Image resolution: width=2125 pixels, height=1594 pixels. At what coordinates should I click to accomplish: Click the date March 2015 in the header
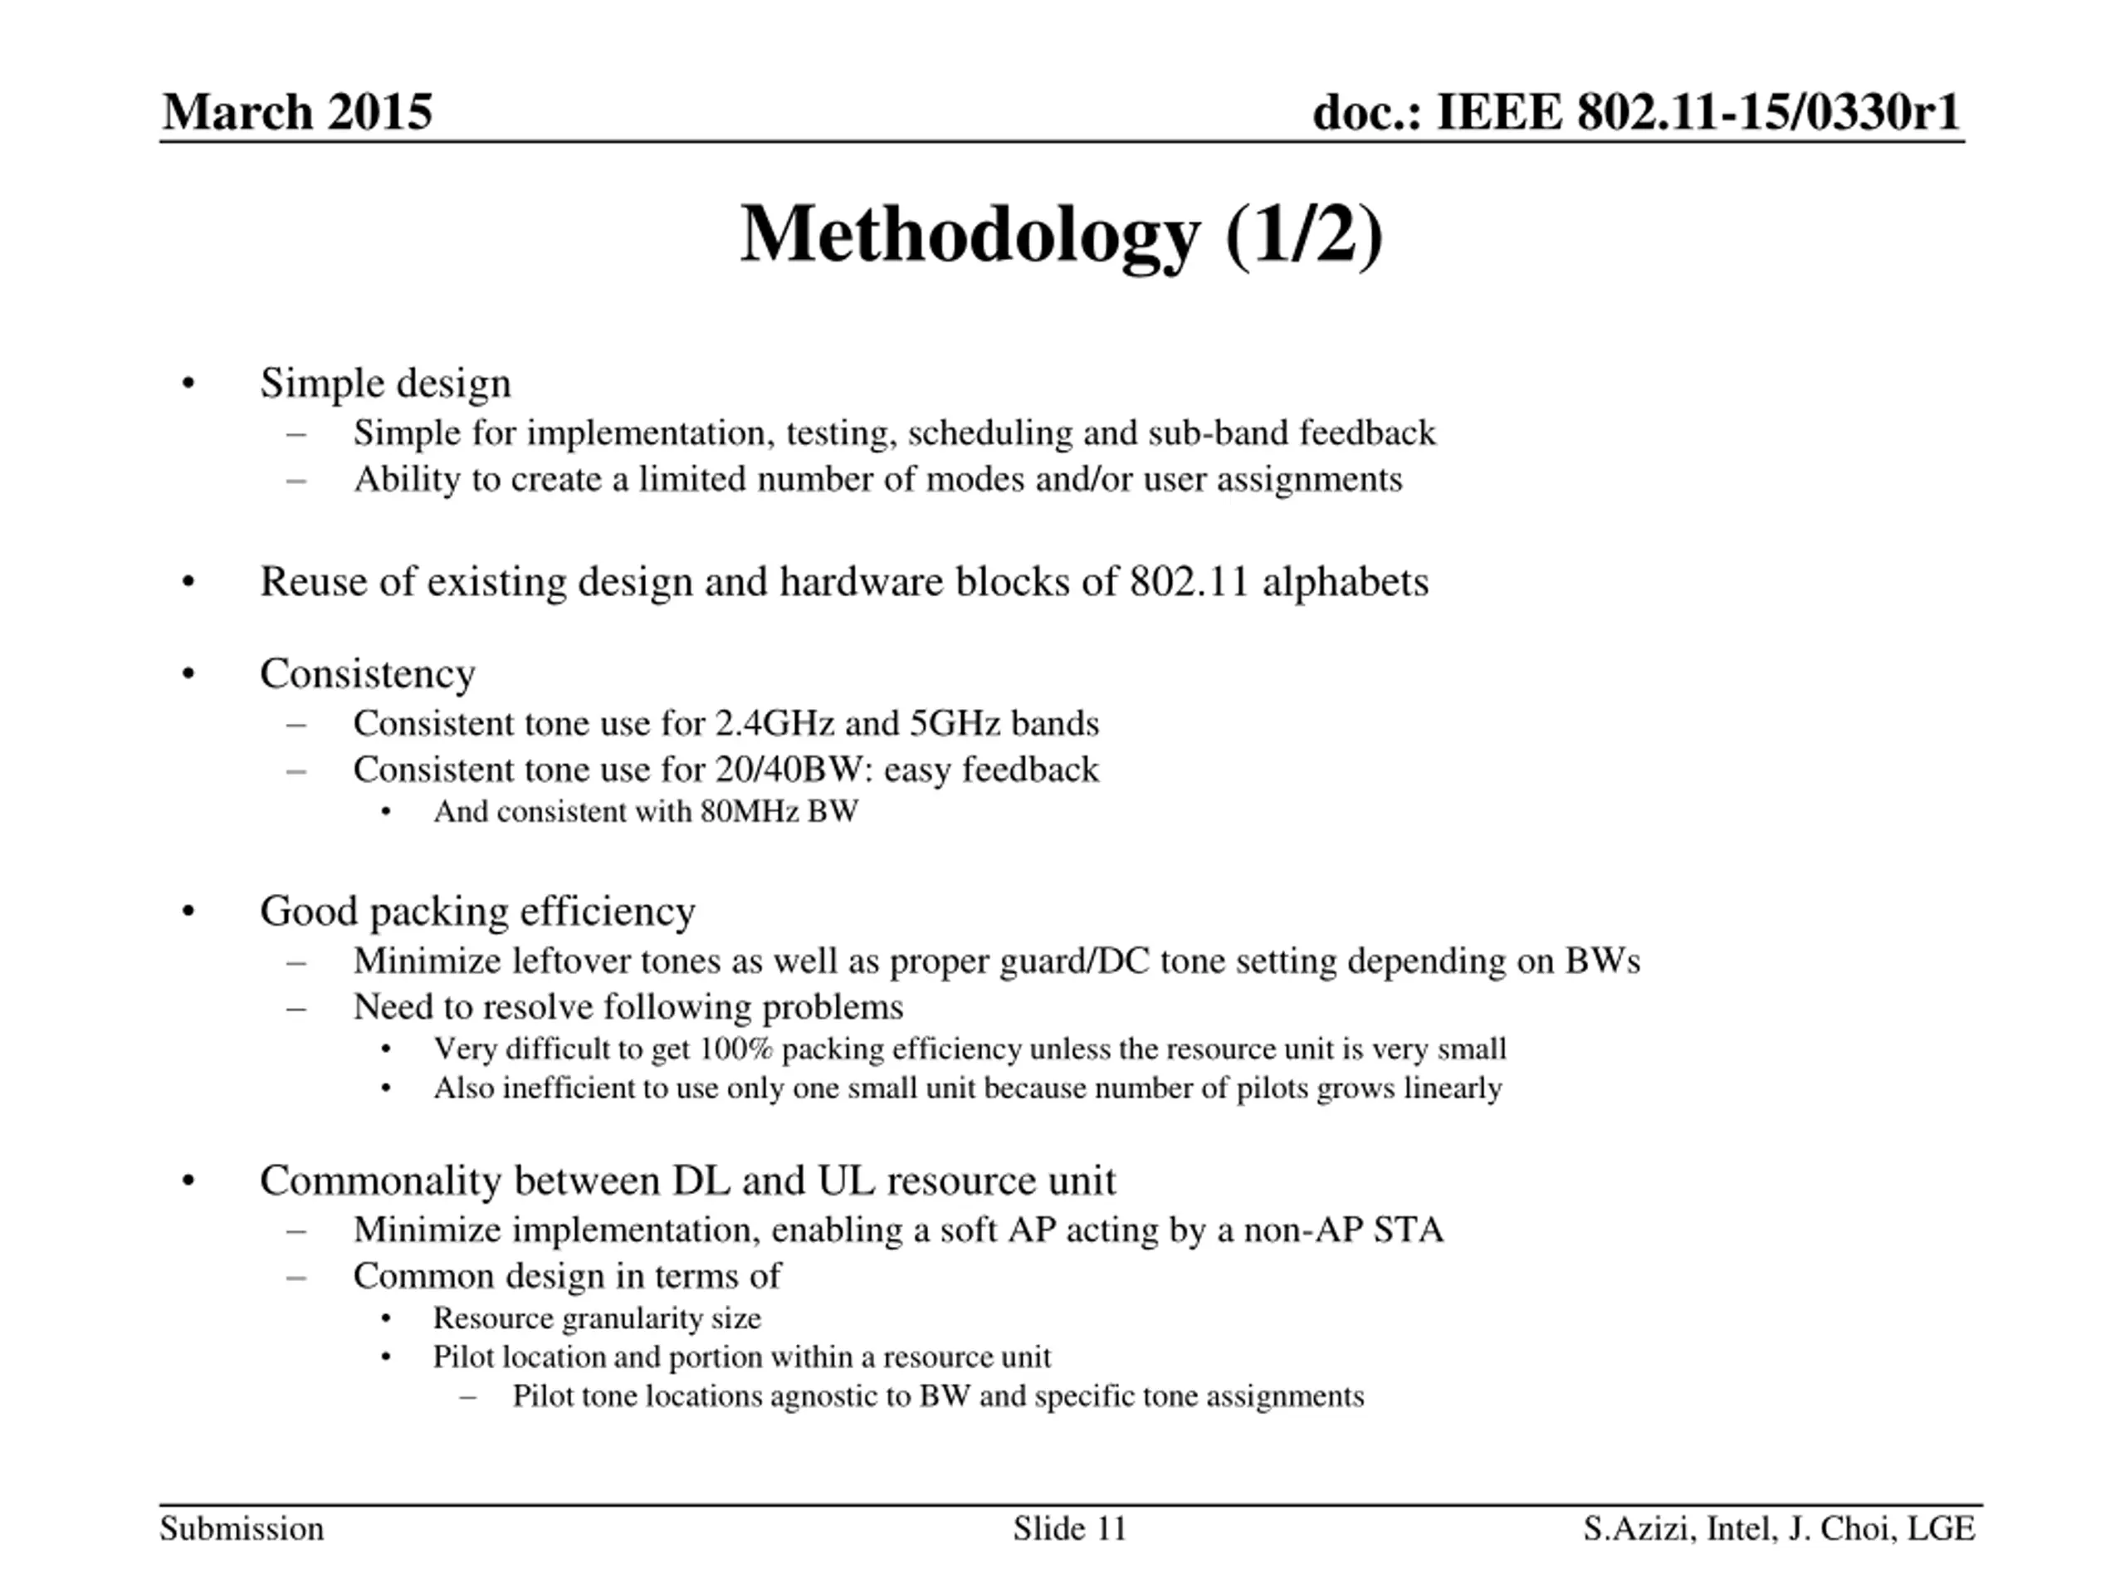tap(297, 112)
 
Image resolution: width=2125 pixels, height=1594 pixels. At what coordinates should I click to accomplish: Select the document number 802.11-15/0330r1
tap(1767, 112)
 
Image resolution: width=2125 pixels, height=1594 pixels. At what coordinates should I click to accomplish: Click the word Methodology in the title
tap(970, 236)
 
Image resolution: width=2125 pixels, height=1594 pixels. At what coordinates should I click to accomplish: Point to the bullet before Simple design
tap(188, 384)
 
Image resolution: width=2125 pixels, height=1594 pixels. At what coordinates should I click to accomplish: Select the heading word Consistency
tap(367, 673)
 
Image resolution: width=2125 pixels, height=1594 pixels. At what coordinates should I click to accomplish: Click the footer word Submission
tap(242, 1528)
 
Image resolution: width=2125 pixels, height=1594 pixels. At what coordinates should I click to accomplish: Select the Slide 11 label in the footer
tap(1069, 1528)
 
